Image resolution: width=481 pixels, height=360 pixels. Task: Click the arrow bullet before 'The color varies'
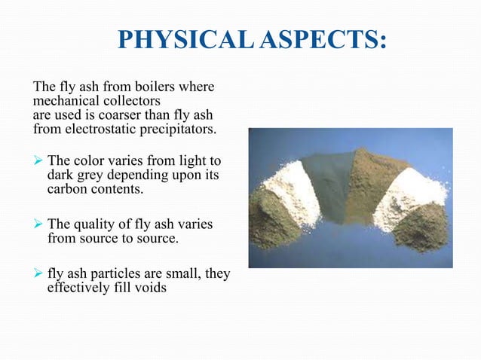click(x=38, y=162)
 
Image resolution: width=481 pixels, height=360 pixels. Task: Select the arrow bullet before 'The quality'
click(x=38, y=224)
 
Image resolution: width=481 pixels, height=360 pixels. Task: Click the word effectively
click(x=78, y=287)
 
